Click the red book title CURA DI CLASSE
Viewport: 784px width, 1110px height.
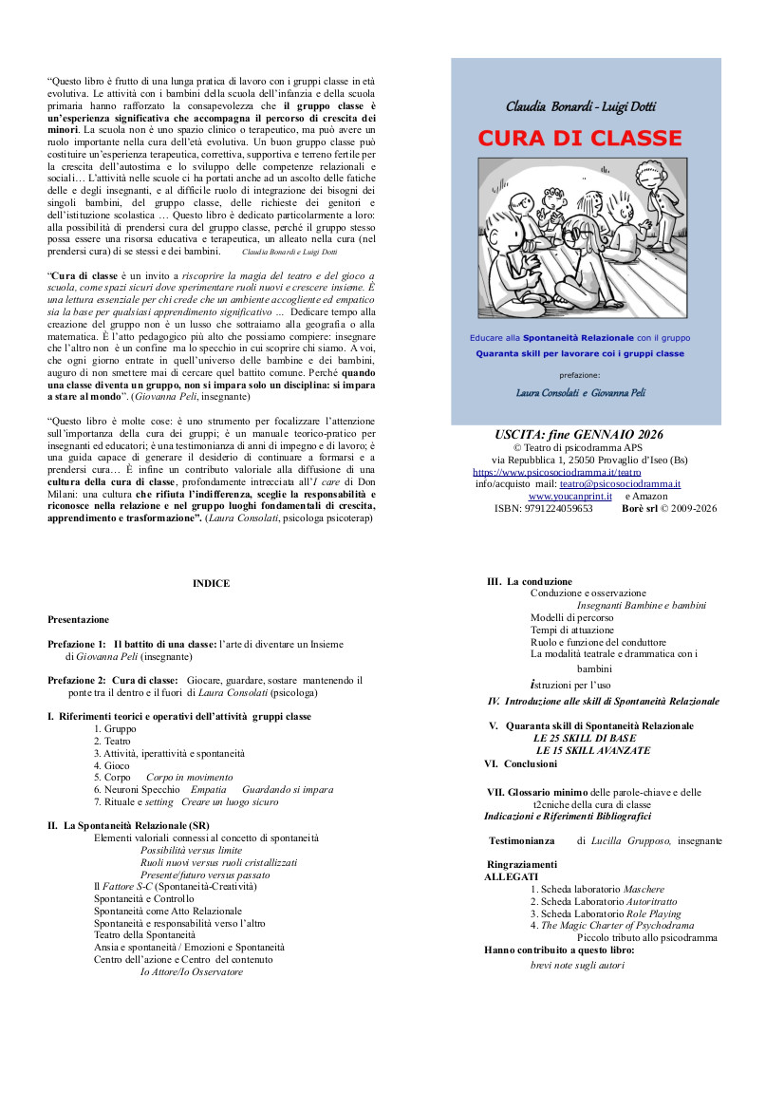pyautogui.click(x=579, y=138)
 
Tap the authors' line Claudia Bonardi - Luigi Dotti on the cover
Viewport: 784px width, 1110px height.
pyautogui.click(x=580, y=106)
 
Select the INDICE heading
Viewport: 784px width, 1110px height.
pyautogui.click(x=211, y=584)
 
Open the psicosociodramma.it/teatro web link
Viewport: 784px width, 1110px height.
pyautogui.click(x=556, y=472)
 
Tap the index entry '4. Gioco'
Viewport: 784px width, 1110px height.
pyautogui.click(x=112, y=765)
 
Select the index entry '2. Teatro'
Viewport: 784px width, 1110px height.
pyautogui.click(x=113, y=741)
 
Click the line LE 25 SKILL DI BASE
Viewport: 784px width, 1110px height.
pyautogui.click(x=585, y=738)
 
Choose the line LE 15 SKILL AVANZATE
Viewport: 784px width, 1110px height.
pyautogui.click(x=593, y=750)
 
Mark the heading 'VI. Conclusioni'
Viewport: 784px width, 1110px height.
pyautogui.click(x=521, y=763)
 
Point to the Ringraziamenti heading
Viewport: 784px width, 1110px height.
pyautogui.click(x=522, y=864)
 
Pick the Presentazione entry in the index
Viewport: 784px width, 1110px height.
pyautogui.click(x=78, y=620)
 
